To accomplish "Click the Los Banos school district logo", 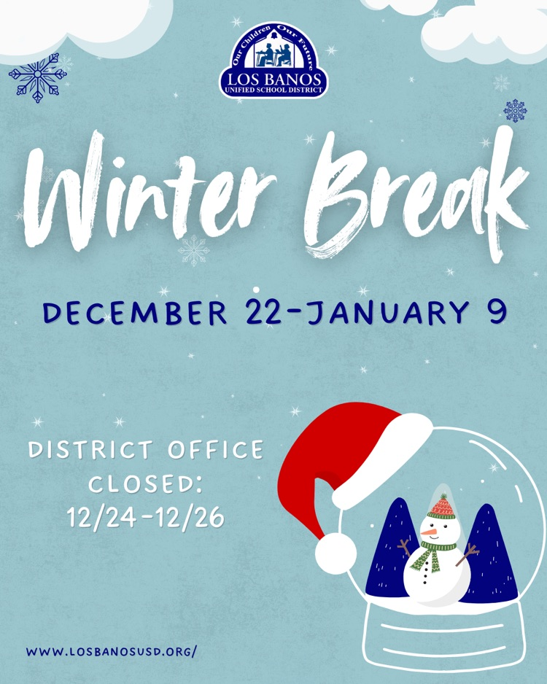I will (x=273, y=61).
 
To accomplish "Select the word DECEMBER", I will (x=135, y=313).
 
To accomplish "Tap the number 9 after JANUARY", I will (x=496, y=311).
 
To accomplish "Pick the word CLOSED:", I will (x=146, y=483).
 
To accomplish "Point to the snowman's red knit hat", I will (x=441, y=508).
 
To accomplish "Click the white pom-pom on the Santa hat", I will (x=335, y=553).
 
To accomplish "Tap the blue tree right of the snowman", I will (x=489, y=554).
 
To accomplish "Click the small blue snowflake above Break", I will (x=516, y=111).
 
